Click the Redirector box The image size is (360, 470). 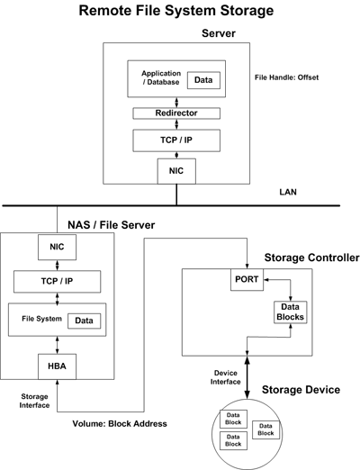(x=176, y=113)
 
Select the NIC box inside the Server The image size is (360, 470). (x=176, y=171)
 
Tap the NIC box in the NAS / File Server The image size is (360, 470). (x=57, y=247)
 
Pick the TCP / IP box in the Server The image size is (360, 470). (x=176, y=140)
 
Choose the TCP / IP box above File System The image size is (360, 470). (x=57, y=282)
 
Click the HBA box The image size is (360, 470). (x=57, y=366)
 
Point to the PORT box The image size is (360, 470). (x=247, y=279)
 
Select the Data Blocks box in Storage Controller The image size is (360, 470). (x=291, y=312)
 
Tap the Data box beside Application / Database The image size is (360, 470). (x=203, y=80)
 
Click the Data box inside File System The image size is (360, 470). (x=84, y=321)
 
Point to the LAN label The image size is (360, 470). (x=288, y=192)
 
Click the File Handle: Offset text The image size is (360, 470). (x=286, y=77)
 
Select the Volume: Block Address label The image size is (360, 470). (x=120, y=424)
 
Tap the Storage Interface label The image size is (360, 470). (x=34, y=401)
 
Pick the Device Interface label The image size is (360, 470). (x=226, y=377)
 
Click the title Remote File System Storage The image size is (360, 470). (x=176, y=11)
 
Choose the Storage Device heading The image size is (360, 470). (x=301, y=390)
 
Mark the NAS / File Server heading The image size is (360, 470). (x=112, y=225)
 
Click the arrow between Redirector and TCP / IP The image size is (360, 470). (x=176, y=124)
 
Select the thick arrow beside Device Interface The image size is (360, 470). (x=247, y=377)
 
